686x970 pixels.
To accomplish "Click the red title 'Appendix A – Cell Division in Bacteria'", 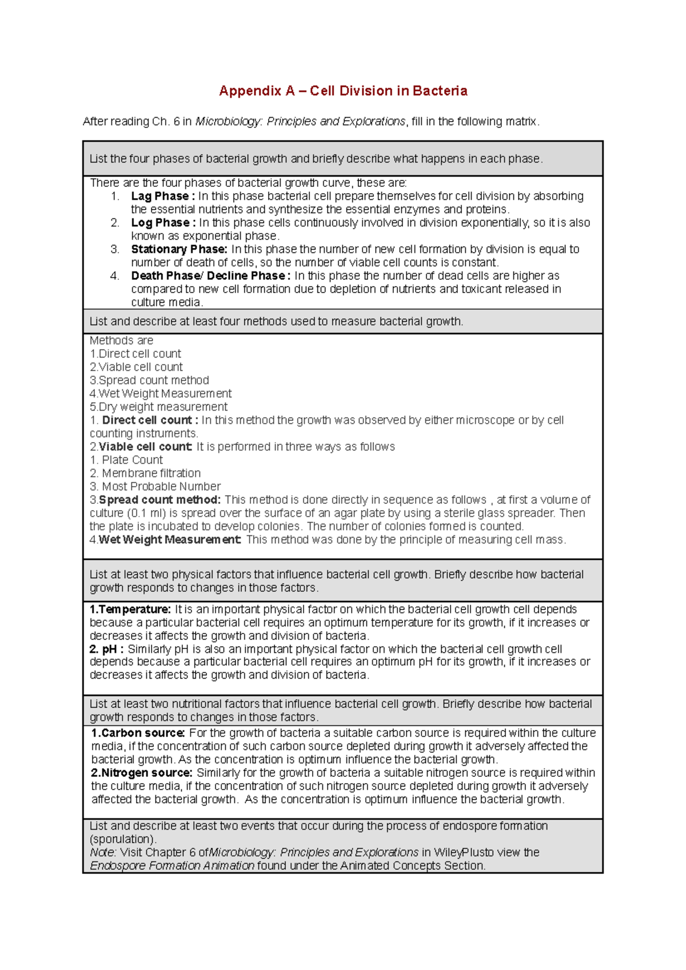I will point(343,91).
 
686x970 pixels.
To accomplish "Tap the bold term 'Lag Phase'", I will point(161,197).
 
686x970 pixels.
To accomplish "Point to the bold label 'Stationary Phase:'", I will point(179,250).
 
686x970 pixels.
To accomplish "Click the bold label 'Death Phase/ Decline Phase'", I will point(209,276).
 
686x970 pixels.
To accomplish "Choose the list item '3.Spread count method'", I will point(149,380).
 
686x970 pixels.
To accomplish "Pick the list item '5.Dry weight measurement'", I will point(158,407).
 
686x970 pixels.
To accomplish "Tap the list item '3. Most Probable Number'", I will point(155,486).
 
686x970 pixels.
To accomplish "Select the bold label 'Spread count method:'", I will point(159,500).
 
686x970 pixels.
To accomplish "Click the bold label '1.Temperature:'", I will point(130,610).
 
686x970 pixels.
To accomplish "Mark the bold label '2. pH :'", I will point(107,650).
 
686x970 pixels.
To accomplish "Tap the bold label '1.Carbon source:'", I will point(138,733).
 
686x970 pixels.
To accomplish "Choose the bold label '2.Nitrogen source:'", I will point(142,773).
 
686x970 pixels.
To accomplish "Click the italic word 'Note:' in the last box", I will point(103,852).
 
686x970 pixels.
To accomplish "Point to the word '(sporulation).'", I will point(123,839).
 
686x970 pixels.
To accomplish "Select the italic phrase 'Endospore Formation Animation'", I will point(172,866).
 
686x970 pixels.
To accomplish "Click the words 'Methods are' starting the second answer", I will point(121,340).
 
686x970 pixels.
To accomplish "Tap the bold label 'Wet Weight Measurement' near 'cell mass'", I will point(169,540).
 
